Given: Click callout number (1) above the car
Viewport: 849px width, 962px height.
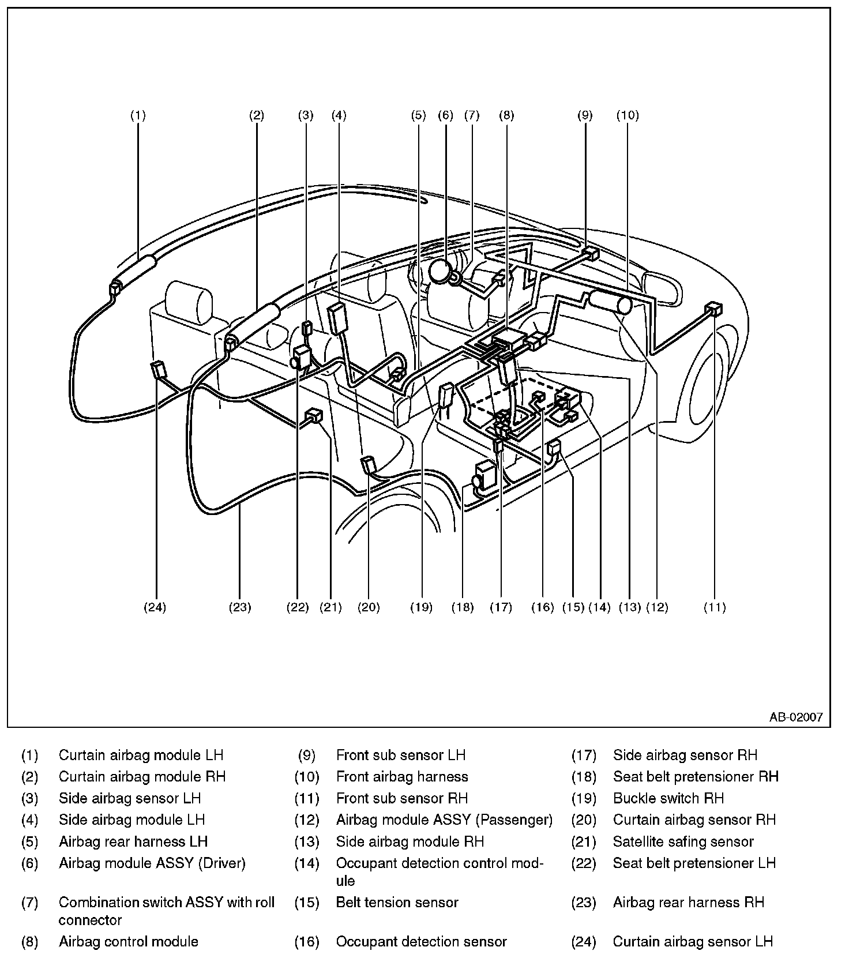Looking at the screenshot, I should click(x=137, y=115).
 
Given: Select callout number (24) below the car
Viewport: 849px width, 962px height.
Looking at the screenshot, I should click(x=155, y=607).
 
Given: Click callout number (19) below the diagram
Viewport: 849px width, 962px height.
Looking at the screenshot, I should click(x=422, y=607).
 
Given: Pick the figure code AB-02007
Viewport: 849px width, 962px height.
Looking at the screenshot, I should click(x=795, y=717).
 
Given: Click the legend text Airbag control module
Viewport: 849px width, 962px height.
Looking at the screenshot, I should click(x=128, y=942).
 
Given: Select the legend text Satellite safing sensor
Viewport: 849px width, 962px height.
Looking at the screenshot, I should click(x=683, y=841).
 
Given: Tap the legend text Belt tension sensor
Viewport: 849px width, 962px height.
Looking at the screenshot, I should click(x=397, y=902).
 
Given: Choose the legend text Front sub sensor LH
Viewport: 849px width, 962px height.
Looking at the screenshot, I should click(x=400, y=755).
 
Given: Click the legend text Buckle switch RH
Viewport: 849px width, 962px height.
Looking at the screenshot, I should click(x=668, y=798).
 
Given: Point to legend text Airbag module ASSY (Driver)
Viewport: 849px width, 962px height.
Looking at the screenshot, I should click(x=152, y=863).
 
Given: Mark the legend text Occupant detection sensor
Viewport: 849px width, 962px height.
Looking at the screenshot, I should click(x=421, y=942).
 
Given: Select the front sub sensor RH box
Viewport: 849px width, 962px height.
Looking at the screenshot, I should click(x=714, y=309).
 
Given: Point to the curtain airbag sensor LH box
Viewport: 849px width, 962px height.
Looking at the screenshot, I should click(x=158, y=369).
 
